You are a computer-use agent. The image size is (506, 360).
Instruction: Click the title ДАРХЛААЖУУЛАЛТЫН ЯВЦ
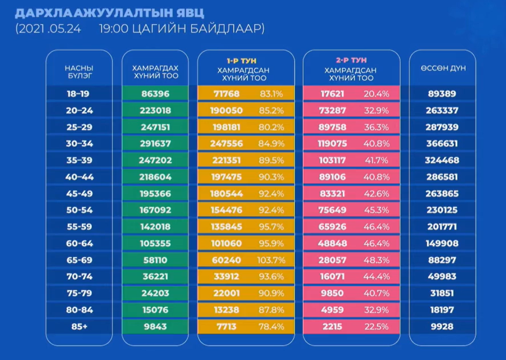pos(109,11)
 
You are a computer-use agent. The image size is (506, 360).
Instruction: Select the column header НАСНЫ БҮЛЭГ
pos(79,72)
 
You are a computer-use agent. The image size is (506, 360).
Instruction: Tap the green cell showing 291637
pos(156,144)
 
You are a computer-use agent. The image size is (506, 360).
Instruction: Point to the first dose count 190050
pos(226,110)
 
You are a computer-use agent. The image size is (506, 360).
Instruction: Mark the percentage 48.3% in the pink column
pos(376,260)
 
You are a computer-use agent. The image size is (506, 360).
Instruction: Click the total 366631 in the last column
pos(442,144)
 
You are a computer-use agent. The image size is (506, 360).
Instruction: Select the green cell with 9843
pos(156,327)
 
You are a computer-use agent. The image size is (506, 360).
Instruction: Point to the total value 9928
pos(442,327)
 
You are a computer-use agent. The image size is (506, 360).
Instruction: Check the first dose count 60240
pos(226,260)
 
